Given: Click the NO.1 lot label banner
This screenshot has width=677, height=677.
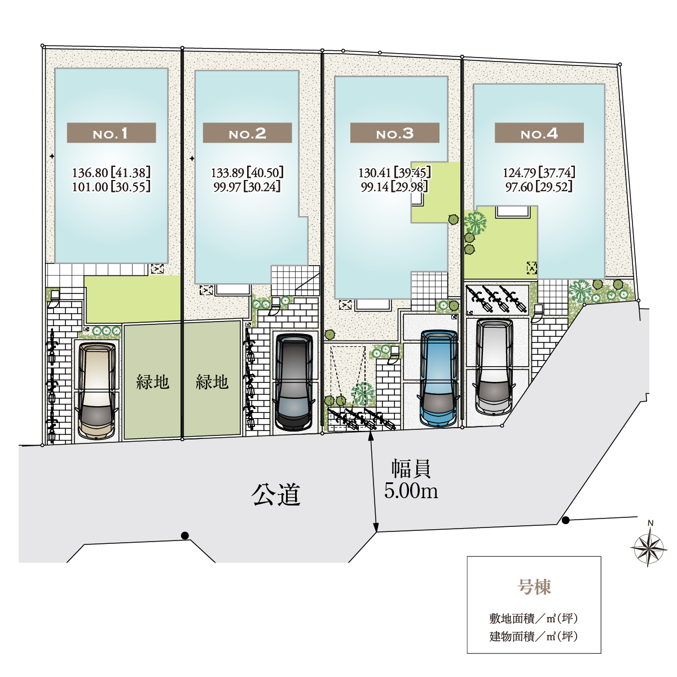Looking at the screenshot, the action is pyautogui.click(x=111, y=133).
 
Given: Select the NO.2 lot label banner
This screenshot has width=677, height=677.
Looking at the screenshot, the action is pyautogui.click(x=247, y=133).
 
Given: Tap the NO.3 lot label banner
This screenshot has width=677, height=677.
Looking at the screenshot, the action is pyautogui.click(x=394, y=133).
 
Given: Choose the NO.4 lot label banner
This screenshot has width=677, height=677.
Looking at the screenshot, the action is pyautogui.click(x=539, y=133).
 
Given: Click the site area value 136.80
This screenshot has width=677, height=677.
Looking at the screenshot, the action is pyautogui.click(x=90, y=173).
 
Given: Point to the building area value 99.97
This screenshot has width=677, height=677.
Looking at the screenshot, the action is pyautogui.click(x=227, y=187).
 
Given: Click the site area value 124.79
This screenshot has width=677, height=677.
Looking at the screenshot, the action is pyautogui.click(x=519, y=173).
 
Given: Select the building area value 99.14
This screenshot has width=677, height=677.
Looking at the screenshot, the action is pyautogui.click(x=375, y=187).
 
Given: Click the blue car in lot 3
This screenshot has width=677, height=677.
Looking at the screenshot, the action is pyautogui.click(x=439, y=379).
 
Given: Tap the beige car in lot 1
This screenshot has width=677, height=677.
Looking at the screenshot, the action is pyautogui.click(x=96, y=390).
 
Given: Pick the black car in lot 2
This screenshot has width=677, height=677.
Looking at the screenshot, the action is pyautogui.click(x=294, y=383).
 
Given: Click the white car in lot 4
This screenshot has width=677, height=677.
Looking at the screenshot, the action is pyautogui.click(x=494, y=367).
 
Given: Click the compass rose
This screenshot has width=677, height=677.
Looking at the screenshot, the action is pyautogui.click(x=648, y=548).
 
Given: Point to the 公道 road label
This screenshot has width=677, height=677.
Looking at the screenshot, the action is pyautogui.click(x=276, y=495).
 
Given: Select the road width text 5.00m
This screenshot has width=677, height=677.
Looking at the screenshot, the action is pyautogui.click(x=411, y=491).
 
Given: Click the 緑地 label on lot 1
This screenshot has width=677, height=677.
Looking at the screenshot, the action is pyautogui.click(x=152, y=382).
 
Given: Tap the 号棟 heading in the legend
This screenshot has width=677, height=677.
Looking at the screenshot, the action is pyautogui.click(x=534, y=587).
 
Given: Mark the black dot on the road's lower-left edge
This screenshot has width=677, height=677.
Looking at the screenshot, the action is pyautogui.click(x=185, y=536).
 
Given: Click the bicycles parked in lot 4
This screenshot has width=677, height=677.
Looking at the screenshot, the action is pyautogui.click(x=496, y=299).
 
